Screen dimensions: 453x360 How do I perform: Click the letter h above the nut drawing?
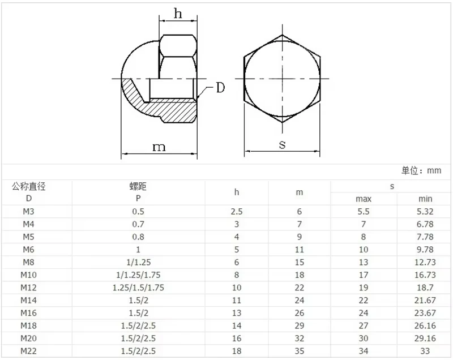[x=178, y=13]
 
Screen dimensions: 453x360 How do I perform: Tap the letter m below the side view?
[x=159, y=147]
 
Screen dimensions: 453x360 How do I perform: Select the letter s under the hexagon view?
[x=282, y=144]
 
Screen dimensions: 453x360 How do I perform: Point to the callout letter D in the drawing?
[x=220, y=88]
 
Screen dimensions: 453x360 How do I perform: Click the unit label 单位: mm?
[x=421, y=170]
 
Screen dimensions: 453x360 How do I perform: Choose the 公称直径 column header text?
[x=29, y=186]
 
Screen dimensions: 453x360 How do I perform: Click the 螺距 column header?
[x=138, y=186]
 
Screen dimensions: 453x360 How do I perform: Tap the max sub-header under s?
[x=364, y=199]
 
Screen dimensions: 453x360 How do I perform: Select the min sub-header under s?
[x=425, y=199]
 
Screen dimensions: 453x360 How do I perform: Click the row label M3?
[x=29, y=212]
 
